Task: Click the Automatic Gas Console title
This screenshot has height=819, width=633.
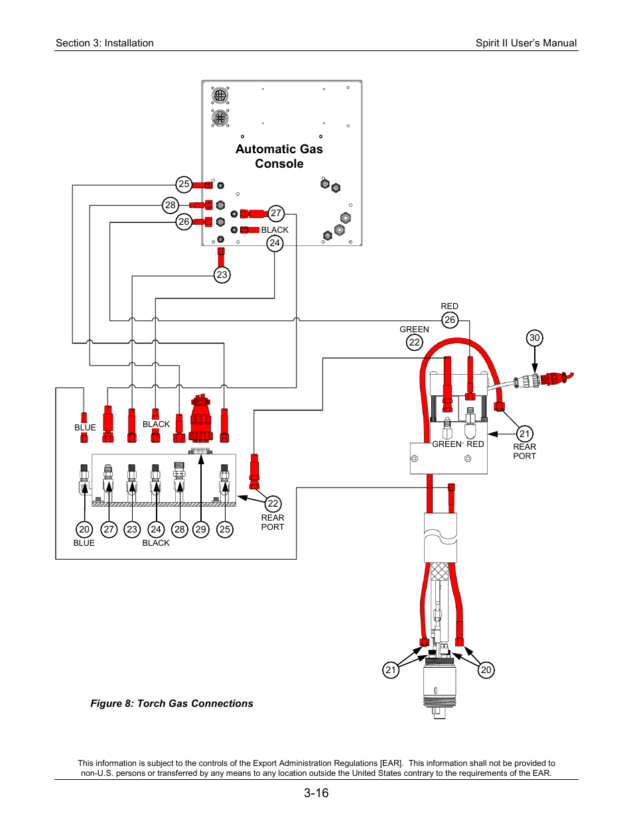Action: [x=279, y=157]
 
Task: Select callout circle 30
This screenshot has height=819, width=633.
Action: [x=534, y=338]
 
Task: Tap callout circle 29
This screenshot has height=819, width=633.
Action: [x=200, y=529]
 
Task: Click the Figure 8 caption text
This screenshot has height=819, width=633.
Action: [x=172, y=704]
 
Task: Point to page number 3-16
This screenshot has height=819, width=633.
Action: [x=316, y=792]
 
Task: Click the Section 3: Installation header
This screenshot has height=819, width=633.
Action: [x=105, y=43]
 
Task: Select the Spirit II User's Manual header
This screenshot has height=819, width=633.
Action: [x=526, y=43]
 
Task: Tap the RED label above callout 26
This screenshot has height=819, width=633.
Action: [x=449, y=306]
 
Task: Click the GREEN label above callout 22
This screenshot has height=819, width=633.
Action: [x=414, y=330]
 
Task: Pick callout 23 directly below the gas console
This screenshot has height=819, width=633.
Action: [x=222, y=275]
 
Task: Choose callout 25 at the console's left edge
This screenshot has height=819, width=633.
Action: [x=184, y=184]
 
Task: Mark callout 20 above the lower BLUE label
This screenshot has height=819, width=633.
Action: [x=84, y=529]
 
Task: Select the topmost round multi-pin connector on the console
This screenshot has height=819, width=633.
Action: [x=220, y=95]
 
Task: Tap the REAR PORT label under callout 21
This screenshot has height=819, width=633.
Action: [x=524, y=451]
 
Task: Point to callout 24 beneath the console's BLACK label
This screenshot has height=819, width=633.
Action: [x=275, y=243]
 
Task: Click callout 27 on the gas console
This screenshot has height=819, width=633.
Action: [x=276, y=214]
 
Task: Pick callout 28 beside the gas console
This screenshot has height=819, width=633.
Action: [x=171, y=205]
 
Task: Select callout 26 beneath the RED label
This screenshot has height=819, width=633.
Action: [x=450, y=320]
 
